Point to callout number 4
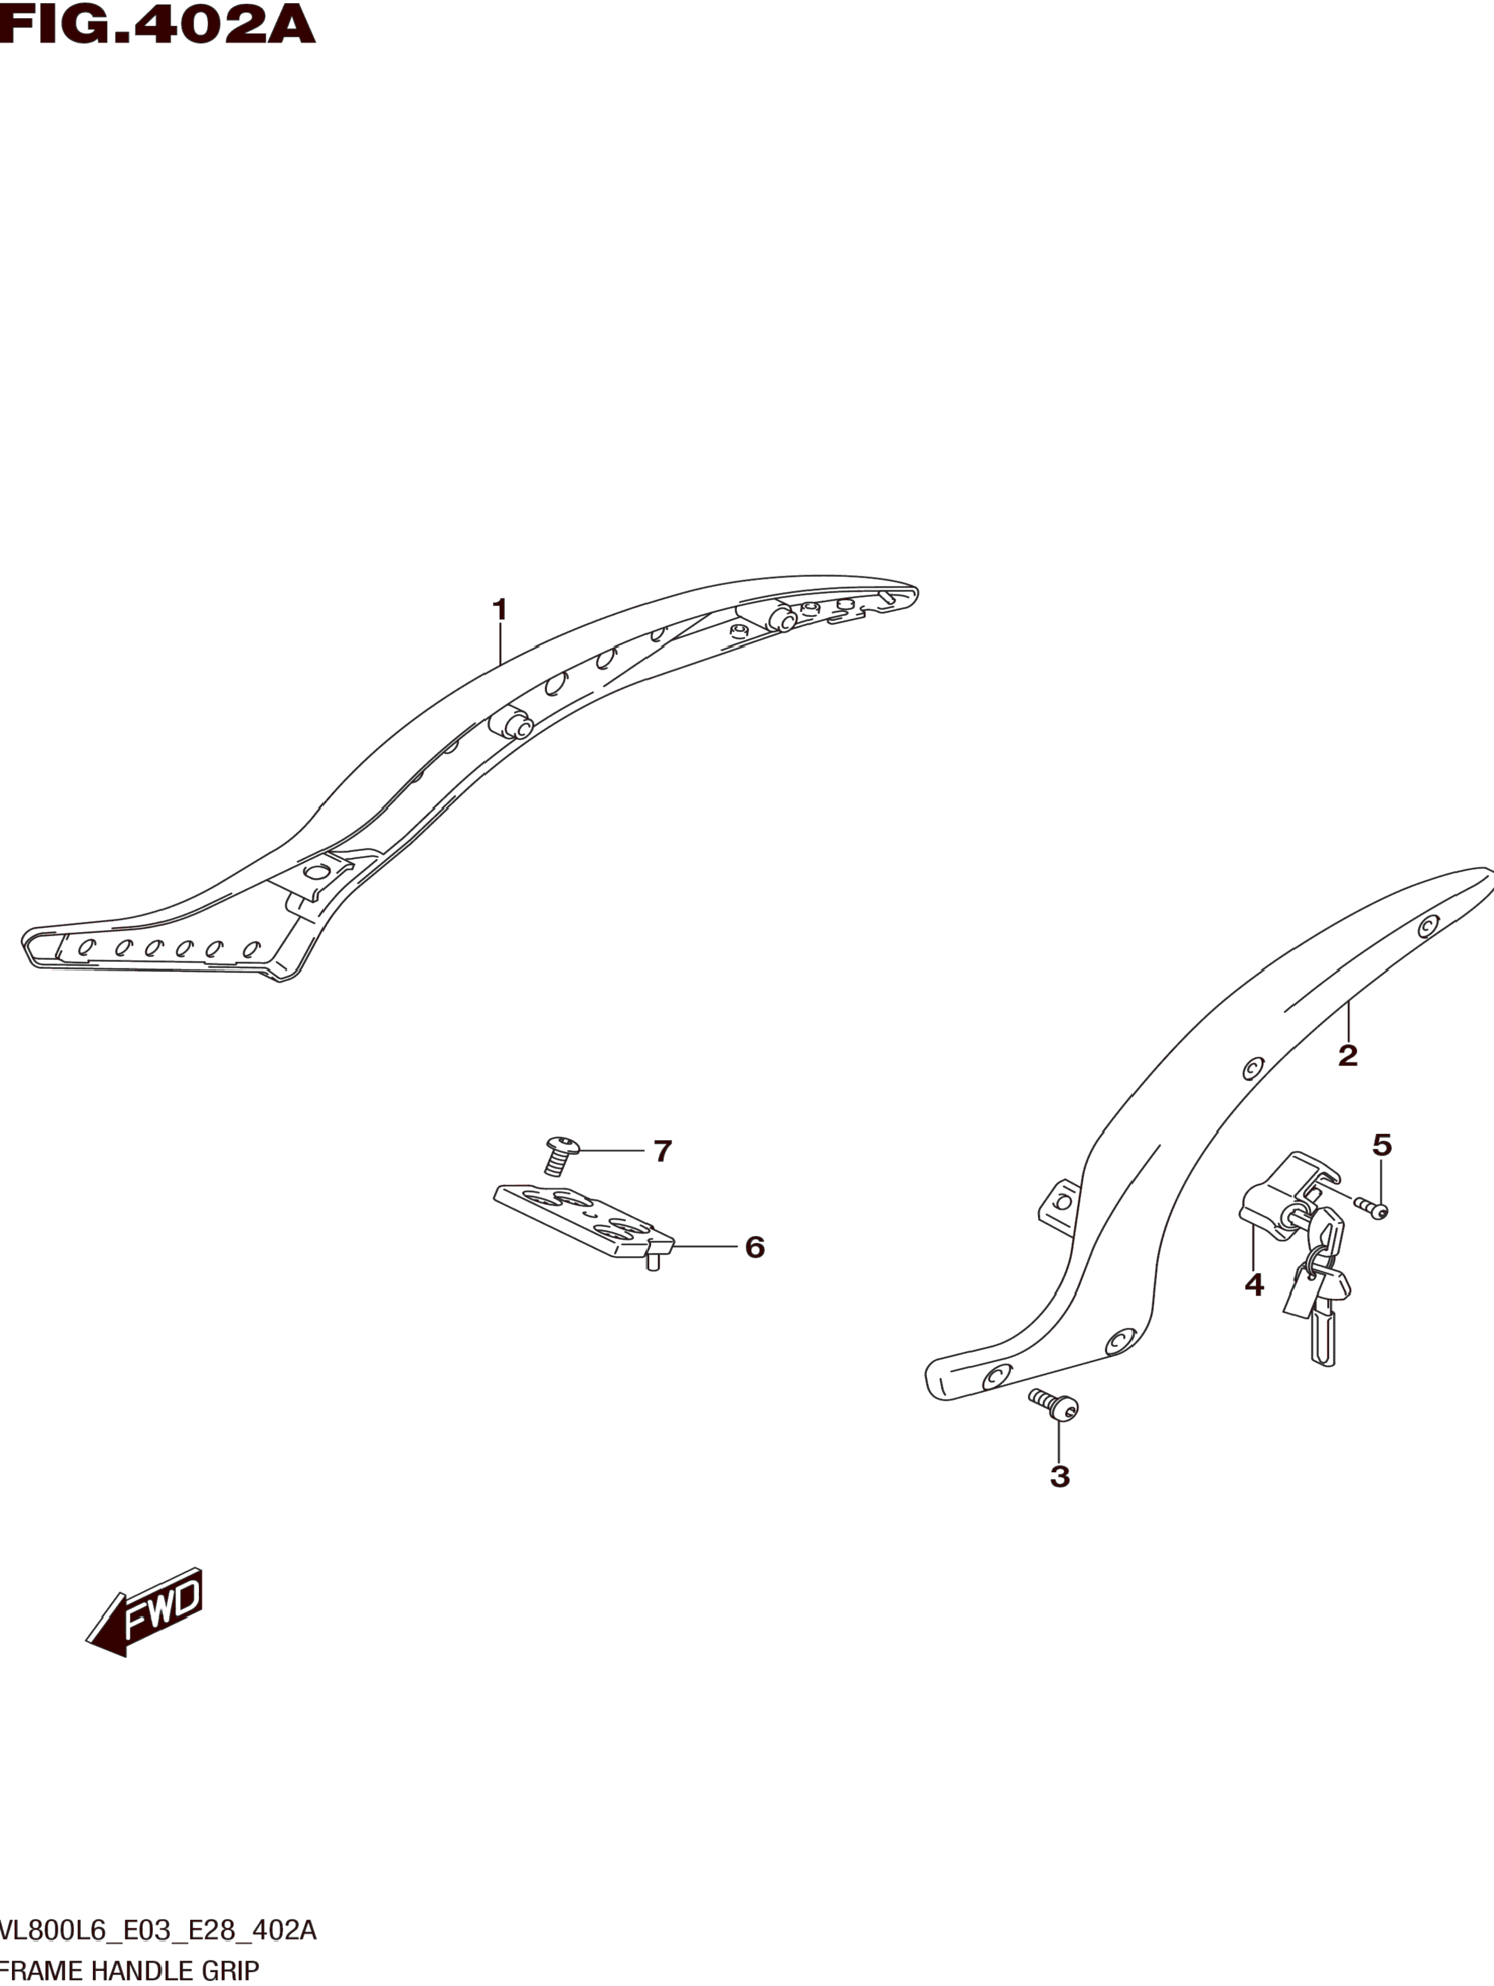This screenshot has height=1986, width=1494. pos(1253,1286)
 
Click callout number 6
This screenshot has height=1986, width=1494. pos(754,1247)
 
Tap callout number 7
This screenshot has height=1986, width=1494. pos(662,1150)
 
